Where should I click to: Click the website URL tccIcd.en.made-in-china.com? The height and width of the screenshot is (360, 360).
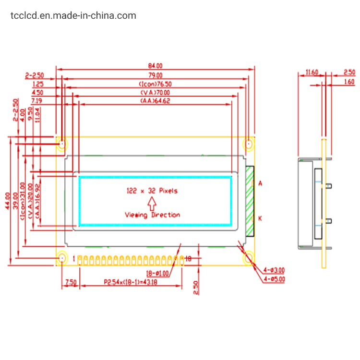73,16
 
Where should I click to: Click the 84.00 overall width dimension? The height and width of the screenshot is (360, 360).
156,66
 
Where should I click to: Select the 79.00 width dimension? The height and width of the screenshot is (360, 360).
156,75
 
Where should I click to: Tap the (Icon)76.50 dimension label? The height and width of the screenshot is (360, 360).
155,84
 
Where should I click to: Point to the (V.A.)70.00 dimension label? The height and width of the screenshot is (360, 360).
155,92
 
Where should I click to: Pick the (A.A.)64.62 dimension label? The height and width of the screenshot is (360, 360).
156,101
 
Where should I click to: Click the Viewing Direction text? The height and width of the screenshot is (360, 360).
152,215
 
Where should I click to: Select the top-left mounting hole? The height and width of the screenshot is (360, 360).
62,144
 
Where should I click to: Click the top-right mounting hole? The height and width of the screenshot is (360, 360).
249,144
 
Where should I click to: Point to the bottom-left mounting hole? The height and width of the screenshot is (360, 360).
62,259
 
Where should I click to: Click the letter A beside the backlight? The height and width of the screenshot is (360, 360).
260,183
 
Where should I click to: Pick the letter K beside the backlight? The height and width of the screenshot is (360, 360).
260,218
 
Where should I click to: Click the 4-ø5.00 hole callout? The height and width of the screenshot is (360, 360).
273,279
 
